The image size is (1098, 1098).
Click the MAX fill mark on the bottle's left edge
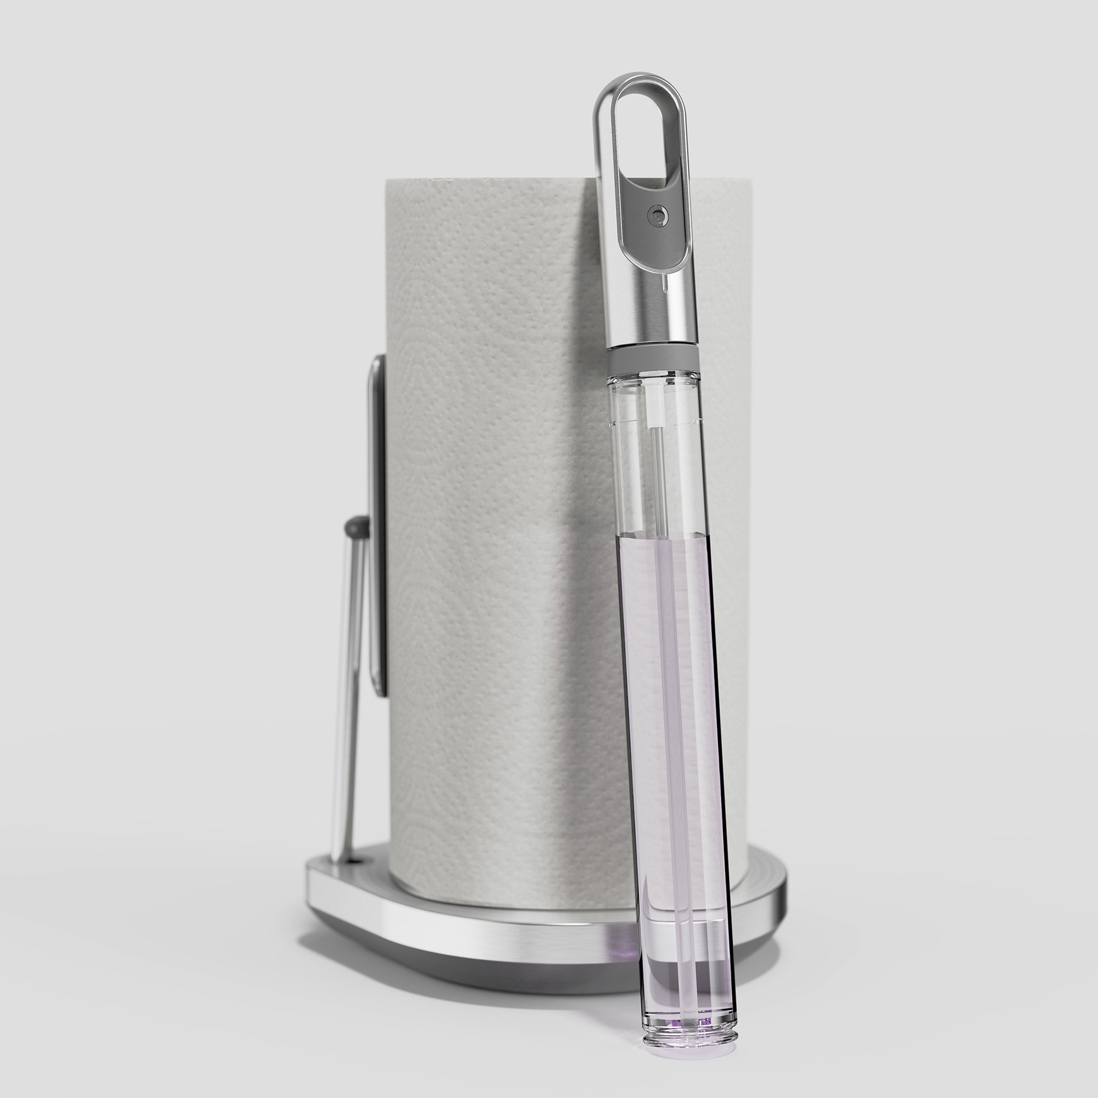611,424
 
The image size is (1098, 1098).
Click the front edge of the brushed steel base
457,938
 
